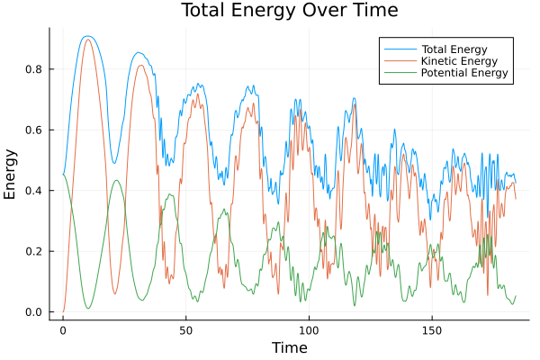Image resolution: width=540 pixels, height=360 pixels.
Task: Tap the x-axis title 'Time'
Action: pos(290,347)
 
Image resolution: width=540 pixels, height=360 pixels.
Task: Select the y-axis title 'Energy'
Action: pos(11,173)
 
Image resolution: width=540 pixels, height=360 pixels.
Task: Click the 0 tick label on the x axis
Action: pos(63,329)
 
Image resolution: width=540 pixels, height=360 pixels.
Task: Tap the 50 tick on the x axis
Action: pos(185,329)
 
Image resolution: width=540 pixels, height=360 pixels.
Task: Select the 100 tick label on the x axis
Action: pos(309,329)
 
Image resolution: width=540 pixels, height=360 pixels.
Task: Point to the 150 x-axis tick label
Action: pos(431,329)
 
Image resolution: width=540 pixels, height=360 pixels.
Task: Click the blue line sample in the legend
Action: pos(400,47)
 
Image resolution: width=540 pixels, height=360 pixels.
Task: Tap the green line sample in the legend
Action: pos(400,72)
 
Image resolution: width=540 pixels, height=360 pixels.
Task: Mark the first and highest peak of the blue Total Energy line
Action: pos(86,36)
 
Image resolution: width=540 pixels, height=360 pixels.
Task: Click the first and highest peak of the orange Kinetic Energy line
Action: pos(87,40)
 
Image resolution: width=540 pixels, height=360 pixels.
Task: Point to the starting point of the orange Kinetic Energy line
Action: pos(63,311)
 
